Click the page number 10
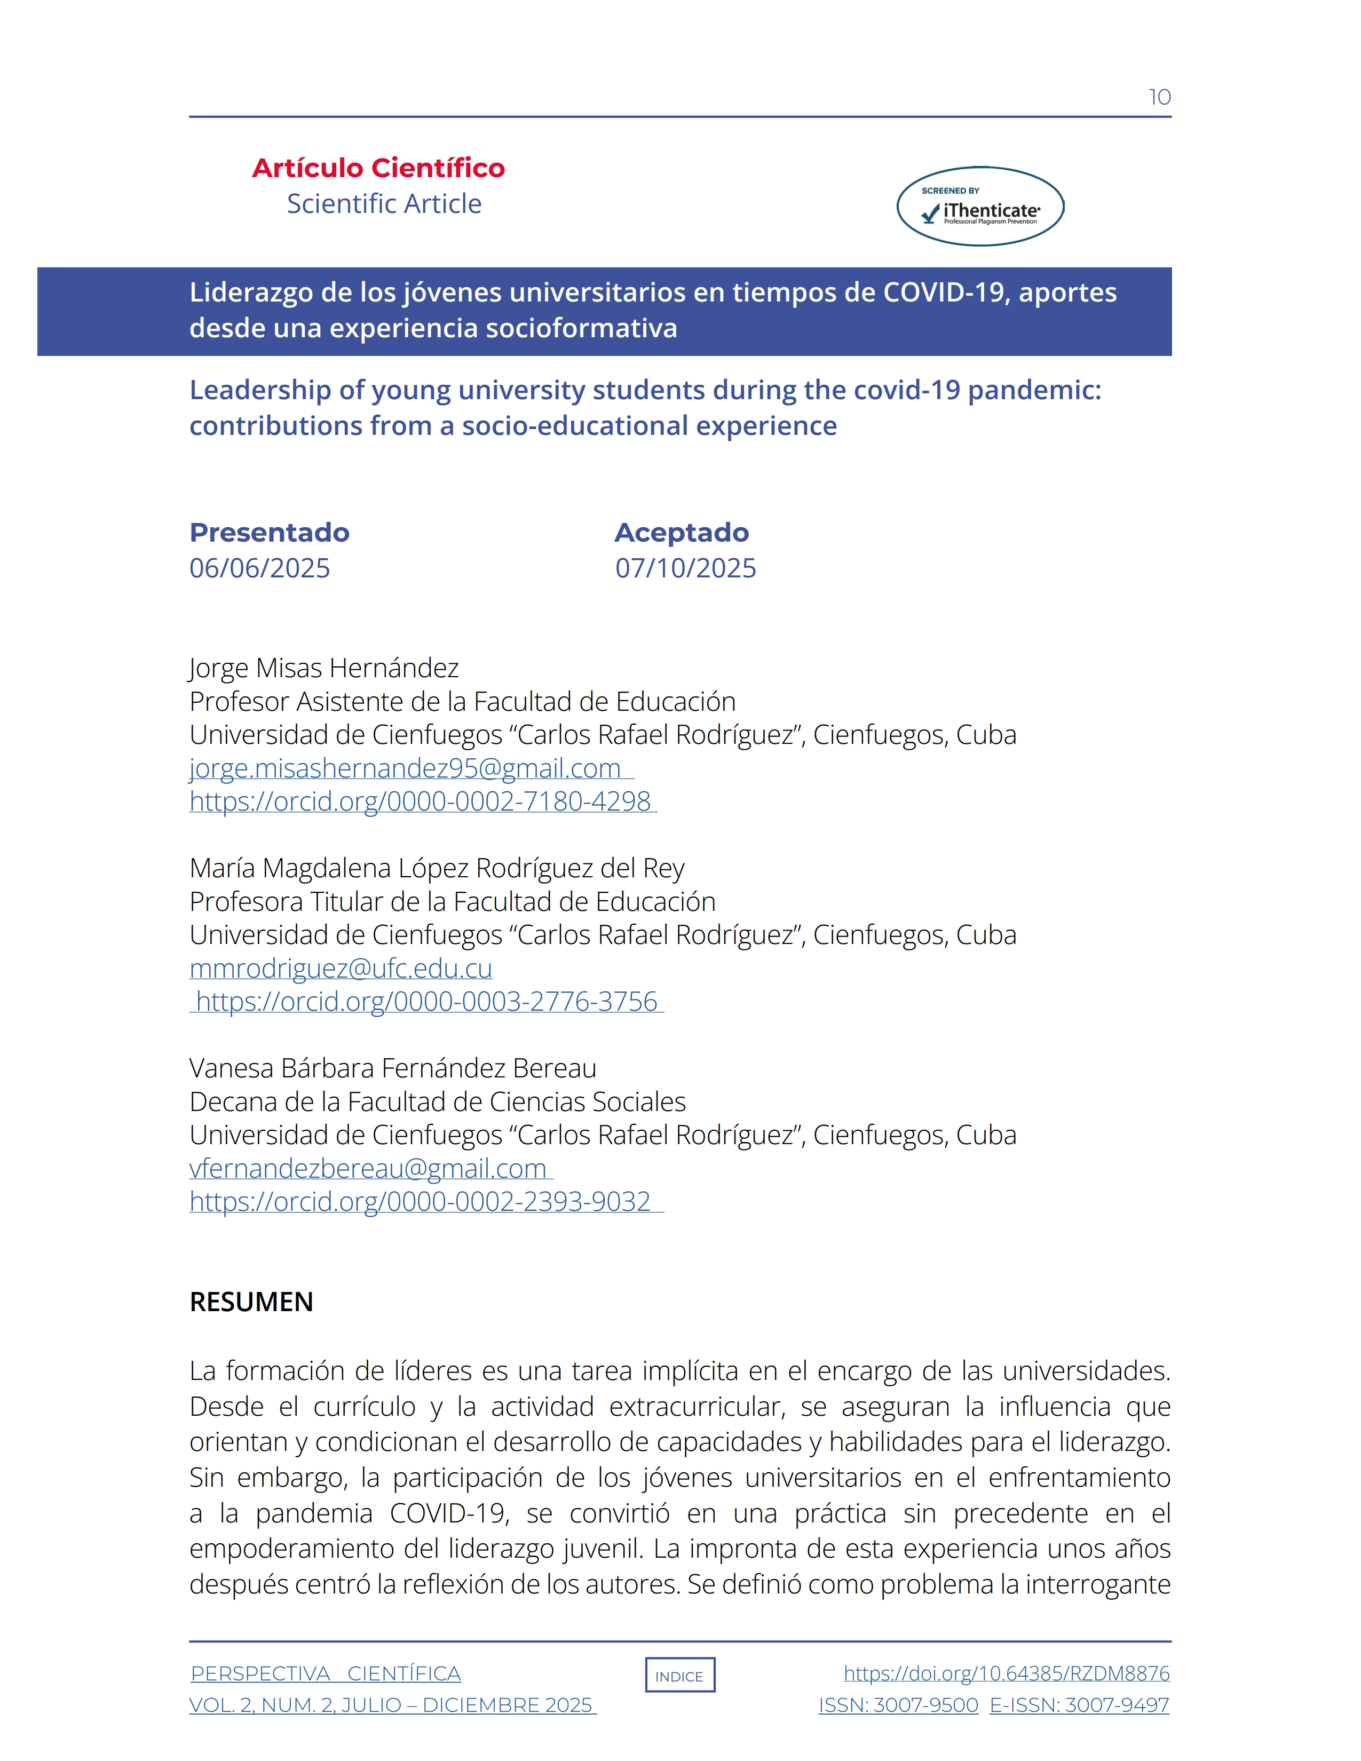tap(1159, 98)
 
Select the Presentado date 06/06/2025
tap(259, 568)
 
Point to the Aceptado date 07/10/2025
tap(685, 568)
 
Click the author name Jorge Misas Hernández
tap(324, 669)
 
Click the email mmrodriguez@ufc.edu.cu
tap(341, 969)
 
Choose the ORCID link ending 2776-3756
tap(426, 1002)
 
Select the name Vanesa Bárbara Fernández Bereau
tap(393, 1068)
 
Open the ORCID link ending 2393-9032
tap(420, 1201)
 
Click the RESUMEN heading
tap(251, 1302)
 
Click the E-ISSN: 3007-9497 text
tap(1079, 1706)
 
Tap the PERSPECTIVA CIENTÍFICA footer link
tap(326, 1674)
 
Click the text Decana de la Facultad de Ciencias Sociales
tap(437, 1101)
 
